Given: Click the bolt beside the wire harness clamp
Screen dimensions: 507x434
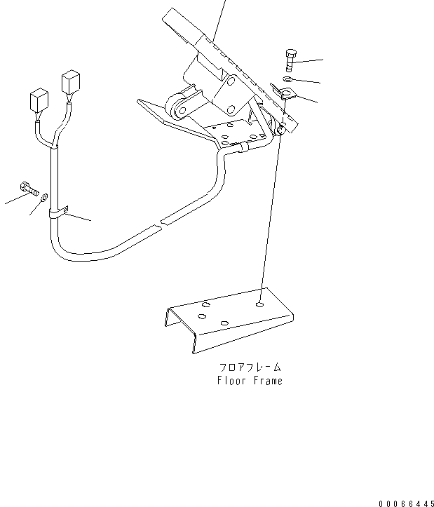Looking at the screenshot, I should tap(27, 189).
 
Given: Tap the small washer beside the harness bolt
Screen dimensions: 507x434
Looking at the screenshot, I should tap(45, 198).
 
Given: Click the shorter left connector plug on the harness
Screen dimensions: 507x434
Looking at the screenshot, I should tap(39, 101).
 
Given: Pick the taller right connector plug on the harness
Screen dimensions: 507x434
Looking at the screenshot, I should tap(70, 83).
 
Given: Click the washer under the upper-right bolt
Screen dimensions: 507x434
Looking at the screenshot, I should tap(290, 79).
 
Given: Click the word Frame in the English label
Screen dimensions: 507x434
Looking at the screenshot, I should tap(268, 381).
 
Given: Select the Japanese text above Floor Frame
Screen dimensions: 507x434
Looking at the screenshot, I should tap(249, 367).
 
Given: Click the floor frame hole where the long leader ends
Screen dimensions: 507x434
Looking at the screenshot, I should tap(260, 305).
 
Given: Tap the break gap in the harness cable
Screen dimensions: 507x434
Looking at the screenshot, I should tap(161, 224).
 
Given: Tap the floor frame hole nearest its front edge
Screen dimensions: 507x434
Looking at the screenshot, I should tap(224, 323).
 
